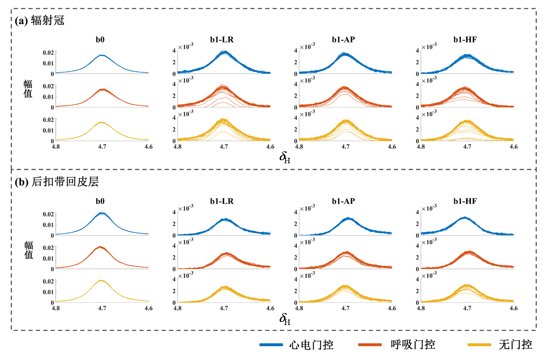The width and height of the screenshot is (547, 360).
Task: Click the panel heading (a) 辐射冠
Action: [x=40, y=20]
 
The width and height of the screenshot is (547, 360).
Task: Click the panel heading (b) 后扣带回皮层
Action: [x=57, y=182]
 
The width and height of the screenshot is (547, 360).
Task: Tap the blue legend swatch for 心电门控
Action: [x=271, y=345]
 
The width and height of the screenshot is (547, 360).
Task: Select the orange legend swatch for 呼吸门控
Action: [x=370, y=345]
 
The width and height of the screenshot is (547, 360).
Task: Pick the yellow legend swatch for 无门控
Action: [x=479, y=345]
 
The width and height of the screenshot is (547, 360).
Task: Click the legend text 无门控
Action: [x=515, y=345]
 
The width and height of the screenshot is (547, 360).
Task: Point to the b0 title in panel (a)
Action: [x=100, y=40]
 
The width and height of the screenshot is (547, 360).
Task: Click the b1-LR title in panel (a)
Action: [x=222, y=40]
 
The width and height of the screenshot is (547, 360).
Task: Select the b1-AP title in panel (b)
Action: [x=343, y=201]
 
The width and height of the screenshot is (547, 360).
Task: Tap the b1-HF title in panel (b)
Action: [x=465, y=201]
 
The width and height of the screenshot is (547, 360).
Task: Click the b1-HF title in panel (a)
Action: [x=465, y=40]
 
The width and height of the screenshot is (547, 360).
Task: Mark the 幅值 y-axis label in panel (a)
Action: [x=28, y=89]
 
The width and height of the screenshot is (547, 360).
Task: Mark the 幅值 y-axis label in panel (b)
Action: [x=29, y=250]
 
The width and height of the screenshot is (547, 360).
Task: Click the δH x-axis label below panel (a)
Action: [x=285, y=157]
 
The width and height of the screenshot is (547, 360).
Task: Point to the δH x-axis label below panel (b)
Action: [x=285, y=319]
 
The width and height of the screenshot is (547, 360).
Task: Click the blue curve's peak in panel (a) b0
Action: [x=101, y=55]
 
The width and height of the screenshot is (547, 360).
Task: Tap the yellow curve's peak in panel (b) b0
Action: [x=101, y=281]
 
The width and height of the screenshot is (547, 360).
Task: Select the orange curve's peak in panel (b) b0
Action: [x=101, y=247]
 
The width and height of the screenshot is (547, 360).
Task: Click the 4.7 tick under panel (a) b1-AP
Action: [x=345, y=147]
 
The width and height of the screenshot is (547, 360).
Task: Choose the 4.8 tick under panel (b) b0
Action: [x=56, y=308]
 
